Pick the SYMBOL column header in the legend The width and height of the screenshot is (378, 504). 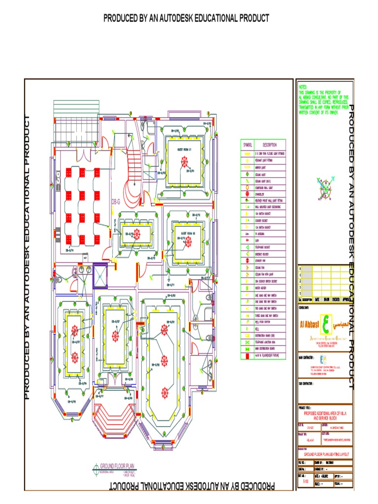pyautogui.click(x=247, y=145)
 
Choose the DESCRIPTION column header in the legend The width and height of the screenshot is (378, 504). pyautogui.click(x=270, y=145)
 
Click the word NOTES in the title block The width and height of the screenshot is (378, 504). pyautogui.click(x=303, y=86)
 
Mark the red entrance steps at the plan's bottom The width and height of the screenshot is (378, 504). pyautogui.click(x=114, y=414)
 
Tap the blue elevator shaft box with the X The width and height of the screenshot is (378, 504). pyautogui.click(x=100, y=274)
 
